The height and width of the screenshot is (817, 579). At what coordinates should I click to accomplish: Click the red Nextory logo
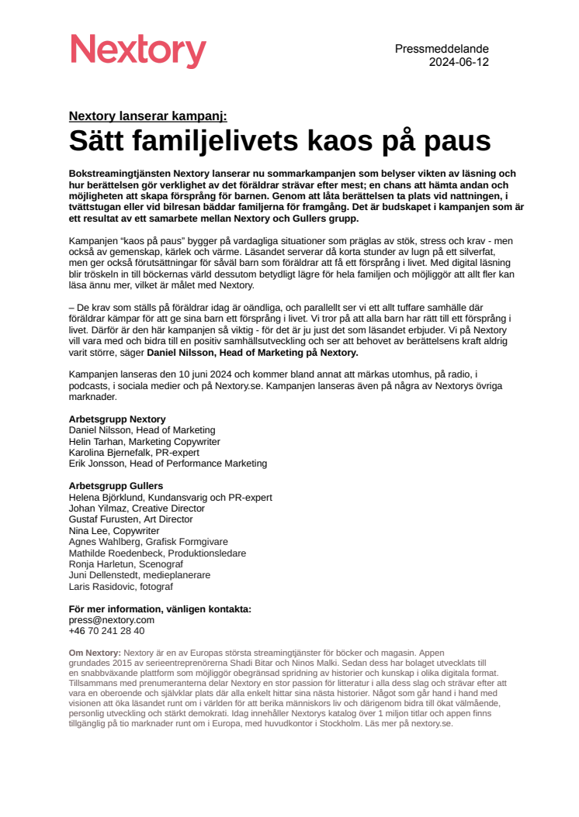138,51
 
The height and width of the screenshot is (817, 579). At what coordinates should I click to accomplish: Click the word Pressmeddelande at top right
442,49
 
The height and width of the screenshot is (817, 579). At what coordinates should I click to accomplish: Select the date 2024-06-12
459,62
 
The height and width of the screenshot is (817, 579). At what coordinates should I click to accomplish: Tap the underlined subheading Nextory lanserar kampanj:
147,116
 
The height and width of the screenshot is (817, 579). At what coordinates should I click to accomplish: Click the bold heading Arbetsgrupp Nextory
117,419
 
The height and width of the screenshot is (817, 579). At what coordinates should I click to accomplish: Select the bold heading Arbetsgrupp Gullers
116,486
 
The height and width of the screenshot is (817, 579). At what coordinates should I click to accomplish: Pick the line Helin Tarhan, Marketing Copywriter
144,441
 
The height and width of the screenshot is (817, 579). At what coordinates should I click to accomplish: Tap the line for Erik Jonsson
168,464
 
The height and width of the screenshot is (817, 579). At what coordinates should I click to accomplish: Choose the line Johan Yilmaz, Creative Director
137,508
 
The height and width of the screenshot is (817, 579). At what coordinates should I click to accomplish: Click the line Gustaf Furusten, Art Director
130,519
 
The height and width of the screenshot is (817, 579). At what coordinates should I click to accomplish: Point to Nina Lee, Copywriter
114,531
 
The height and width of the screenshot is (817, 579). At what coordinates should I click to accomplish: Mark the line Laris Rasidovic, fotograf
120,587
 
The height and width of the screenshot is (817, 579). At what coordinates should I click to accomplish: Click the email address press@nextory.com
112,620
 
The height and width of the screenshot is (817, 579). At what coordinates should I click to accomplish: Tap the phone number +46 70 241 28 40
106,631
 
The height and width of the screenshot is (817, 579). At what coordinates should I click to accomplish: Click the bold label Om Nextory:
95,653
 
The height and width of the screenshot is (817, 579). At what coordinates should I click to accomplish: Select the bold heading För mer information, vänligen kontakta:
160,609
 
